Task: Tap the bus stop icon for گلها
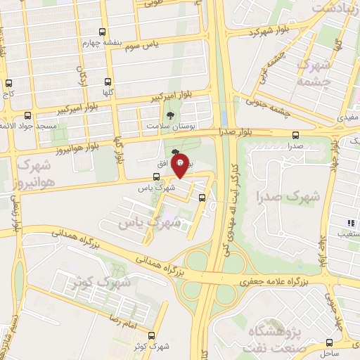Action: pyautogui.click(x=108, y=82)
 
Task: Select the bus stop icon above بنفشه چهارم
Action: pyautogui.click(x=103, y=32)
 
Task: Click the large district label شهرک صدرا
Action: pyautogui.click(x=288, y=197)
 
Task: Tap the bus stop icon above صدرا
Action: pyautogui.click(x=295, y=135)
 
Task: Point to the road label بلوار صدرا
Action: pyautogui.click(x=237, y=131)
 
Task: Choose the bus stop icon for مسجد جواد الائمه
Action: pyautogui.click(x=28, y=115)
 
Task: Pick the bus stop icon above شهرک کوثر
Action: pyautogui.click(x=152, y=336)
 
